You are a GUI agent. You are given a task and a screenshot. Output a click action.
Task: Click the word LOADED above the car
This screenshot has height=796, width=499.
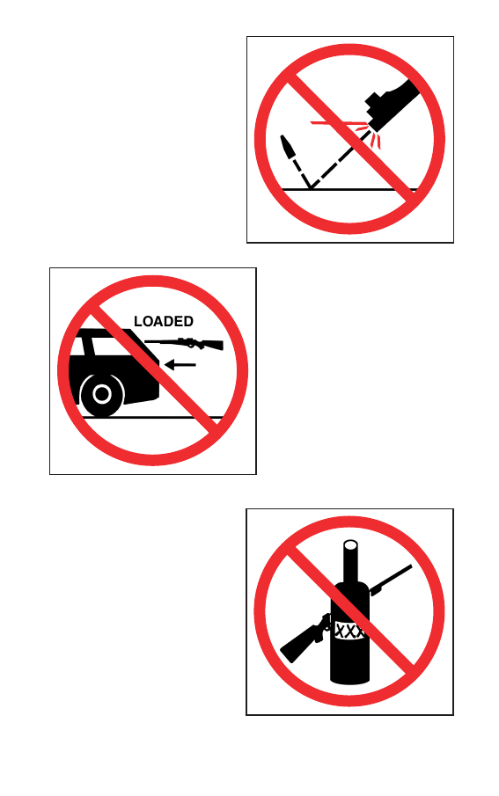[163, 321]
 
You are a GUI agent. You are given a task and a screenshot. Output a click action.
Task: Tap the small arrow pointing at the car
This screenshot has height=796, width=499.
[180, 364]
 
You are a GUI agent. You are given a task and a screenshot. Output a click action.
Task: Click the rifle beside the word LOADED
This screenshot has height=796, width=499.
[184, 344]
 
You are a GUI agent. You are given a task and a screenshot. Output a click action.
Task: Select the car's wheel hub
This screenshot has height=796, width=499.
[102, 394]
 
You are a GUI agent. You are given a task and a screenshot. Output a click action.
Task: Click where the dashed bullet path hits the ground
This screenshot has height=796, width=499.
[310, 189]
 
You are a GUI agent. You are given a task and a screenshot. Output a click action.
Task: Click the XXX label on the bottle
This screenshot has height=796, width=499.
[349, 632]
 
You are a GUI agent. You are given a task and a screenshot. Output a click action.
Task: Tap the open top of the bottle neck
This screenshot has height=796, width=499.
[350, 545]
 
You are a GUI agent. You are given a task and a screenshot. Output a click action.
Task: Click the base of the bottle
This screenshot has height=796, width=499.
[349, 678]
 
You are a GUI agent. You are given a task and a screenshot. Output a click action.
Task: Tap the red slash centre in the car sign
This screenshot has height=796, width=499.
[153, 371]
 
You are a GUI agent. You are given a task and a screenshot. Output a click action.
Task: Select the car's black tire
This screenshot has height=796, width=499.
[102, 394]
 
